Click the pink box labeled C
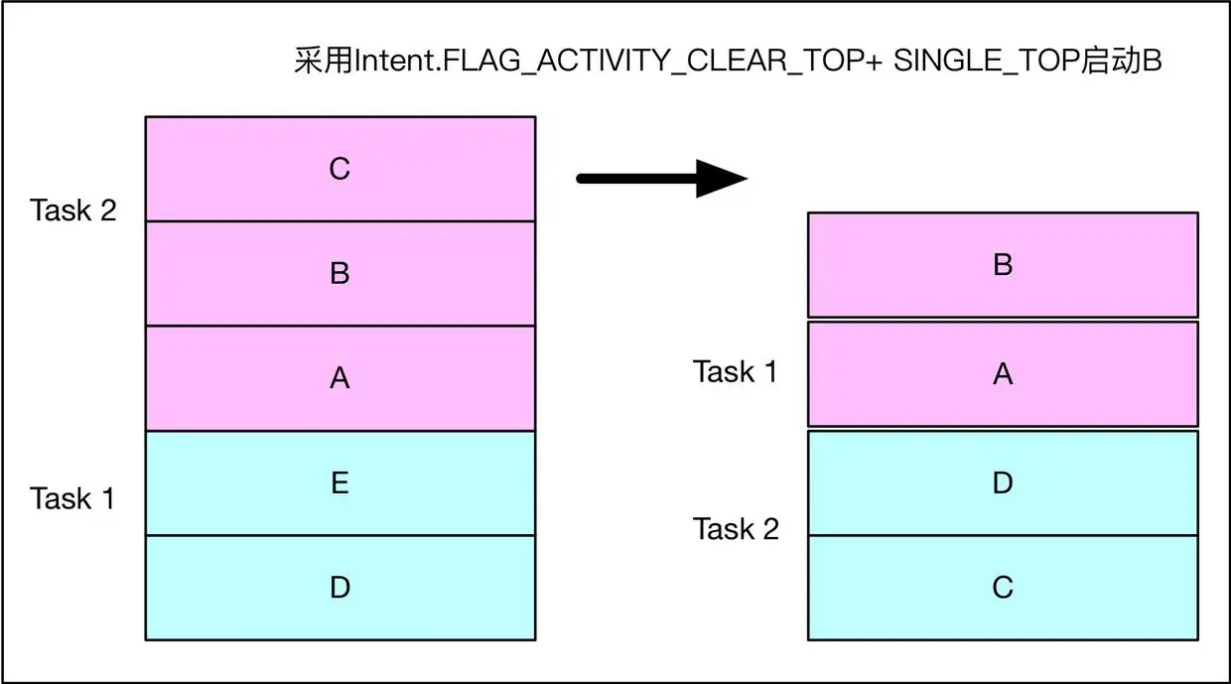(340, 169)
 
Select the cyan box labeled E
(340, 483)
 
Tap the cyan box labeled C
(1003, 588)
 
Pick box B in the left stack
(340, 274)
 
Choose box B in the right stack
(1003, 265)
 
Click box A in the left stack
(340, 378)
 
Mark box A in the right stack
(1003, 374)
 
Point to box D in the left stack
(340, 588)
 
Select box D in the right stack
(1003, 483)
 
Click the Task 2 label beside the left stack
(73, 210)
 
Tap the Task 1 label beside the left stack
(72, 498)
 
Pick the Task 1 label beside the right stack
(736, 372)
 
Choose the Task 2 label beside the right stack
(736, 529)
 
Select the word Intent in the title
(388, 62)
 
